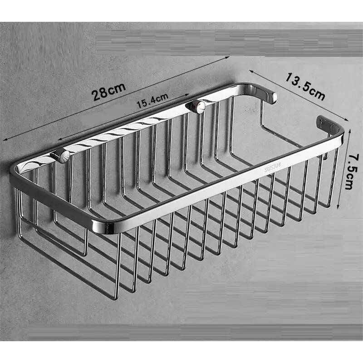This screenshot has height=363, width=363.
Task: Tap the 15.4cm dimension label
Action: point(152,101)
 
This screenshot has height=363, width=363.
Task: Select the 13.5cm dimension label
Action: point(305,86)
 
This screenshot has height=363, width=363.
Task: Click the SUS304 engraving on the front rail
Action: point(273,167)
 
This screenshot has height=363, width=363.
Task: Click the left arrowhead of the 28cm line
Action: point(5,139)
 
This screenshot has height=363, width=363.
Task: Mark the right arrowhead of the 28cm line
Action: point(227,57)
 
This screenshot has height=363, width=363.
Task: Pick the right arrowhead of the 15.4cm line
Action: point(188,94)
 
